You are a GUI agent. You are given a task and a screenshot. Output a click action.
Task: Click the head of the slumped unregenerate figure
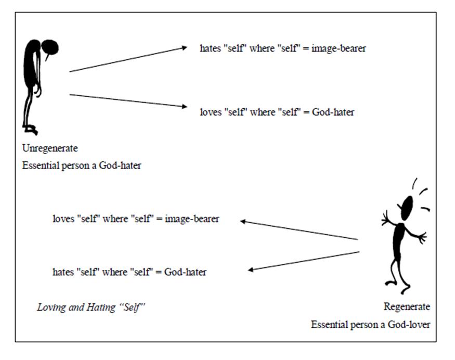pyautogui.click(x=51, y=48)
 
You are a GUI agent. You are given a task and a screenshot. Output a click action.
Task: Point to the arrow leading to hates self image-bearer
pyautogui.click(x=128, y=59)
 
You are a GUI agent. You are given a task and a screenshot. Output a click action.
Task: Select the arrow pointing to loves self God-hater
pyautogui.click(x=128, y=100)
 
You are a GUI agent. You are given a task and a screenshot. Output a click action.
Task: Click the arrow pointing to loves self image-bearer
pyautogui.click(x=299, y=230)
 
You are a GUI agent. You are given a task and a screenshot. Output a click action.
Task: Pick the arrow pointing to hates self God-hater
pyautogui.click(x=304, y=261)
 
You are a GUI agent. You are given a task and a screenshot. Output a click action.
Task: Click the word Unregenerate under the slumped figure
pyautogui.click(x=50, y=148)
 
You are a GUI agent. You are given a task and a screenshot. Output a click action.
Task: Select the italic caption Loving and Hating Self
pyautogui.click(x=90, y=307)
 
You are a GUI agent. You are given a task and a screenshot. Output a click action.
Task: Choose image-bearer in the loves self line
pyautogui.click(x=192, y=219)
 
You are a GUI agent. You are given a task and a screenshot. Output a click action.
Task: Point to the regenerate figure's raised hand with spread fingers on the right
pyautogui.click(x=420, y=237)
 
